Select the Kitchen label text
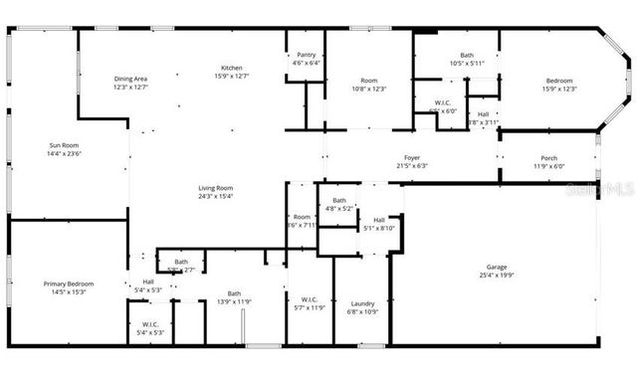click(x=231, y=69)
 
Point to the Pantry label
click(x=306, y=55)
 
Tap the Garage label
click(x=496, y=268)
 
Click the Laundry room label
click(x=362, y=303)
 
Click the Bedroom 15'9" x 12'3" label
click(x=558, y=80)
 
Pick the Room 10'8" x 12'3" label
click(x=369, y=80)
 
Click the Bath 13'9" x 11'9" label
click(x=234, y=293)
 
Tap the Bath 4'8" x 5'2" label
click(x=339, y=201)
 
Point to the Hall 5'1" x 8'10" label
click(x=378, y=220)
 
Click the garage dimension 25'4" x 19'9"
click(x=496, y=276)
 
